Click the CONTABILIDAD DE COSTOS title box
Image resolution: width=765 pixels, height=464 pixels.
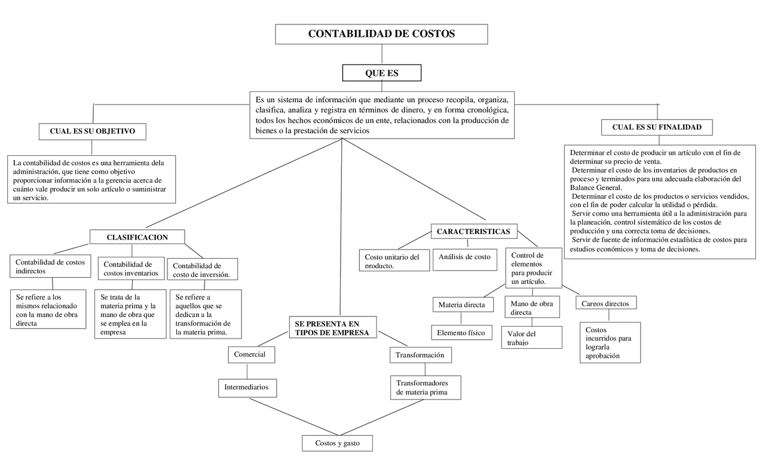click(x=381, y=34)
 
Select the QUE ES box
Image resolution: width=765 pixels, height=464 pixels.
click(x=381, y=73)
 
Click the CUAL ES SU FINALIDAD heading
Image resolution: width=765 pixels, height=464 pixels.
click(x=657, y=127)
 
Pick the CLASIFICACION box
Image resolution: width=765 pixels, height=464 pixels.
click(x=137, y=237)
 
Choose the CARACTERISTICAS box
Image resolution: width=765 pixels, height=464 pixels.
click(x=473, y=231)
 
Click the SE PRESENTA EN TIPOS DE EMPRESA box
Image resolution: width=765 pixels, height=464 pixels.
click(x=333, y=328)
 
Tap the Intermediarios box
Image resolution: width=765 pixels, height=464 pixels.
click(x=247, y=388)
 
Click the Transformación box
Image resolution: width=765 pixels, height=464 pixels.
click(x=420, y=355)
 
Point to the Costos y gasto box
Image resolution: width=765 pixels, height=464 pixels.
click(x=338, y=443)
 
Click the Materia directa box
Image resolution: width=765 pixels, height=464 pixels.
click(x=462, y=305)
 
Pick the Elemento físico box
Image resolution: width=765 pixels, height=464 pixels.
click(x=461, y=333)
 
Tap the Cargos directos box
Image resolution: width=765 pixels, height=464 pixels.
click(x=605, y=303)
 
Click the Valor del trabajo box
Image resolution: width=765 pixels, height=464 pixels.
click(x=531, y=337)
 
